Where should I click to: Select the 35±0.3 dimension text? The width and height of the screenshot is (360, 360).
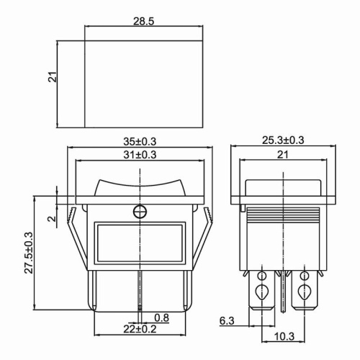point(140,141)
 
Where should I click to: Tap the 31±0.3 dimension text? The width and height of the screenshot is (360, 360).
point(140,154)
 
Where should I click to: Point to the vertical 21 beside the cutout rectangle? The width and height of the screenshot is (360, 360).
point(53,76)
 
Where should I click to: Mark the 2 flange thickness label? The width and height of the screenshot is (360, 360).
point(50,218)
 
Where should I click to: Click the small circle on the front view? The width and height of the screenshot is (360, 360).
point(140,211)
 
